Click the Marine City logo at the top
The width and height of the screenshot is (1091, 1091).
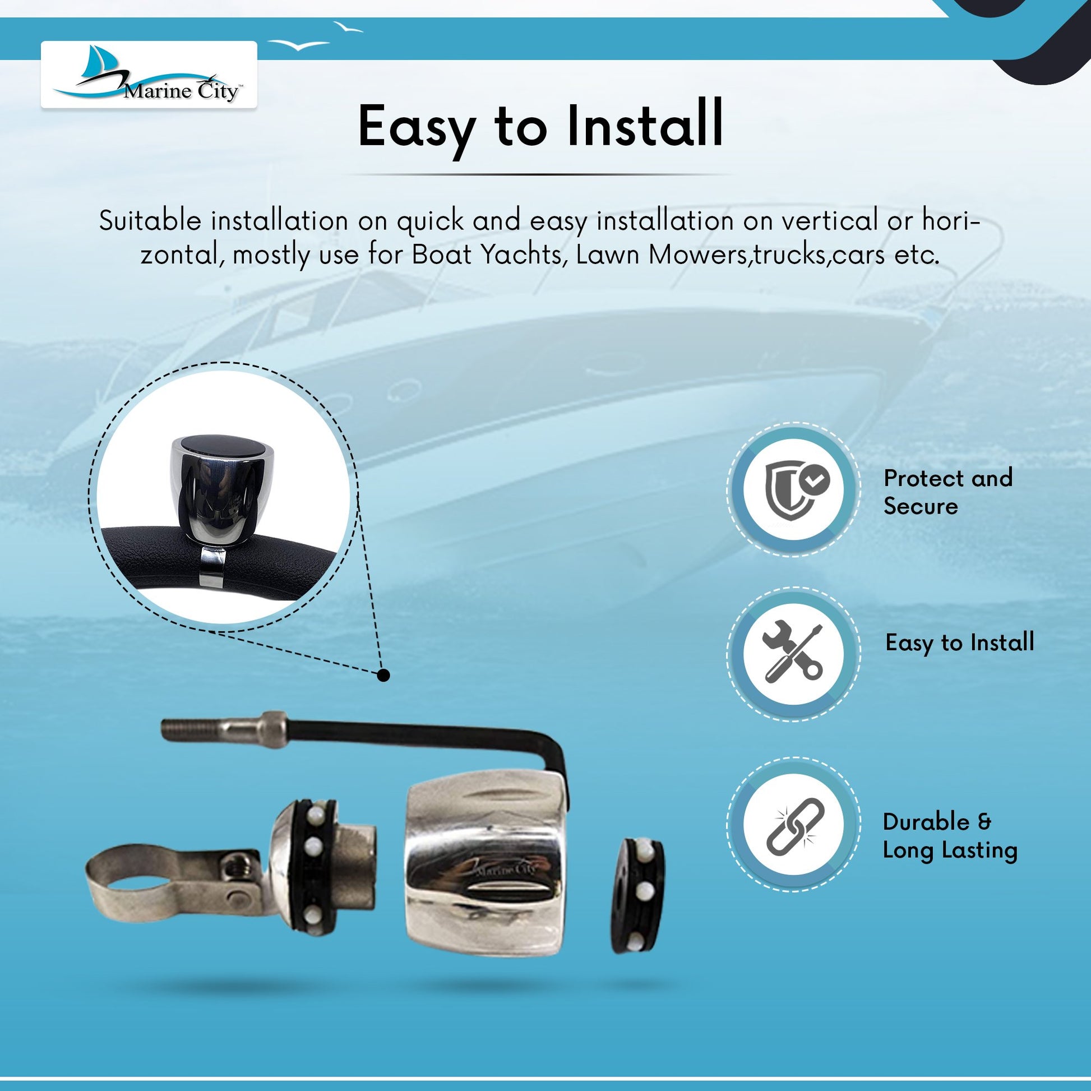149,75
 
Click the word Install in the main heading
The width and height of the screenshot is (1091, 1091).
645,126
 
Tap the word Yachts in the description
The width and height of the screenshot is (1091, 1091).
524,255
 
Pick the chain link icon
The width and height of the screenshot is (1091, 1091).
795,826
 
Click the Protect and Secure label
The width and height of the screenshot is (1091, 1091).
948,492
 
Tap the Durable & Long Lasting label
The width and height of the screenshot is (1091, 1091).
950,836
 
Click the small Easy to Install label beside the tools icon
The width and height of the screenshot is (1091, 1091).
959,643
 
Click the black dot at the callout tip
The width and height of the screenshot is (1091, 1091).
383,675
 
